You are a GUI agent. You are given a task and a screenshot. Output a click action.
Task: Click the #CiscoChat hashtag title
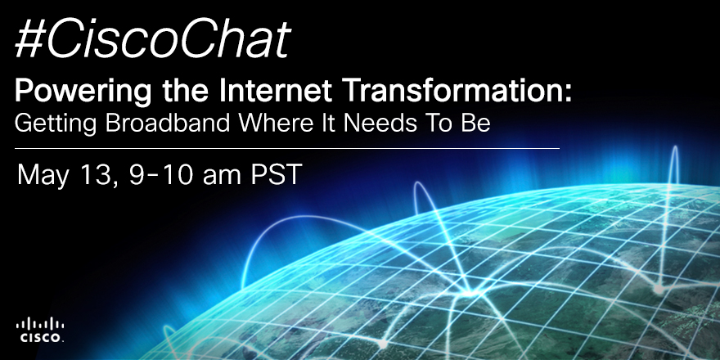pos(153,39)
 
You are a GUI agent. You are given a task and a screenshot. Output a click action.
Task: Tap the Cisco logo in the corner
pos(39,330)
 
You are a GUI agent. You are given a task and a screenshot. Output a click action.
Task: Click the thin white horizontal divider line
pos(287,149)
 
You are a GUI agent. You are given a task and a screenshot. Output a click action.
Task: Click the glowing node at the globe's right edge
pos(659,290)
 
